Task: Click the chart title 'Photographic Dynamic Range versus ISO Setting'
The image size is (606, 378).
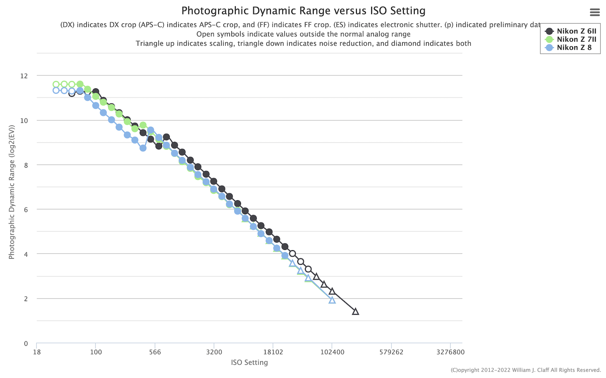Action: (x=303, y=11)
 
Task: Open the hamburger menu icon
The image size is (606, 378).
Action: (x=595, y=13)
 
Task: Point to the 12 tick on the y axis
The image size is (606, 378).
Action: (x=24, y=76)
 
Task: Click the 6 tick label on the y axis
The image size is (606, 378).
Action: (x=26, y=209)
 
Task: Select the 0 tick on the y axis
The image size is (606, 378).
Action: (x=26, y=343)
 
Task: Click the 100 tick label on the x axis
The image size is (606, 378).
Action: (x=96, y=352)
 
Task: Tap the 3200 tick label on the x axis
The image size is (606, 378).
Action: (x=214, y=352)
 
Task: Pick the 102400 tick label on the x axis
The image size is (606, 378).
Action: (x=332, y=352)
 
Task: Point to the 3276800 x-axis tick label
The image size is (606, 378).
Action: (x=450, y=352)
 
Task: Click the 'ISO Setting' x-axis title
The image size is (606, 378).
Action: (x=249, y=362)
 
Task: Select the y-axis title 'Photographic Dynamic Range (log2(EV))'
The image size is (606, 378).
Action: (x=12, y=193)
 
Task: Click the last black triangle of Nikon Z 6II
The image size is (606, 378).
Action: (x=355, y=312)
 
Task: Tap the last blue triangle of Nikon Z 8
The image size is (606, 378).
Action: (x=332, y=300)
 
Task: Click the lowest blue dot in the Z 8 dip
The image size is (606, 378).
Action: (x=143, y=148)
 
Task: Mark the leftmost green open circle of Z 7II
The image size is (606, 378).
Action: (x=56, y=84)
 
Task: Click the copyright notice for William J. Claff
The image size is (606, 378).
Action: (x=526, y=370)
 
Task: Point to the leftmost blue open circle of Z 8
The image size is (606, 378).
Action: (x=56, y=90)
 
